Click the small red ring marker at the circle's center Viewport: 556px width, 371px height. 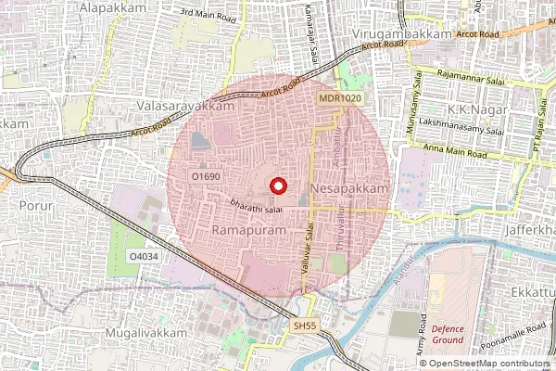click(x=275, y=185)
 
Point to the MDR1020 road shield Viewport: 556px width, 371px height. click(x=339, y=97)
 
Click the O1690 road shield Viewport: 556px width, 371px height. click(x=205, y=174)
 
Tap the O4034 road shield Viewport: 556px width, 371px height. click(x=144, y=255)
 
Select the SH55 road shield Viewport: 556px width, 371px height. click(x=304, y=326)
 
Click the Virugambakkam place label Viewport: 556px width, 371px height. click(x=402, y=33)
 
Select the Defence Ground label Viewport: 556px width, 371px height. click(x=447, y=334)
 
